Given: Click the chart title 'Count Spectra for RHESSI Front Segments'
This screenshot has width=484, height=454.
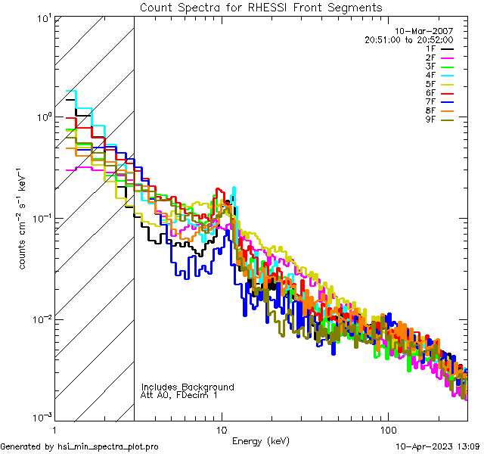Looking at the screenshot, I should point(261,8).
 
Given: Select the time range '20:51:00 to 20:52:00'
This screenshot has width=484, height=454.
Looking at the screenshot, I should point(408,39).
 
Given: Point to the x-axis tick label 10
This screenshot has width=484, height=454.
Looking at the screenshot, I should point(221,428).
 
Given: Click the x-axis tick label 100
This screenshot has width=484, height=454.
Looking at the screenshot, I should point(387,428).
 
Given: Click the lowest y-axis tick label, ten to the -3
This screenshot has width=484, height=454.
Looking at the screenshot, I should point(42,417).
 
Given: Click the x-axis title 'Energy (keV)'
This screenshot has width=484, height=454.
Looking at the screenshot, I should point(260,440).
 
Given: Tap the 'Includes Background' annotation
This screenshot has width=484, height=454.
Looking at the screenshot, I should point(188,387).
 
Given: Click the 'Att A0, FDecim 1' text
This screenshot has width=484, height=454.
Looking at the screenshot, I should point(178,395).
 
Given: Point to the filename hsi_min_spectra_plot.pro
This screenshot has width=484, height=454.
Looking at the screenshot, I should point(108,446).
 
